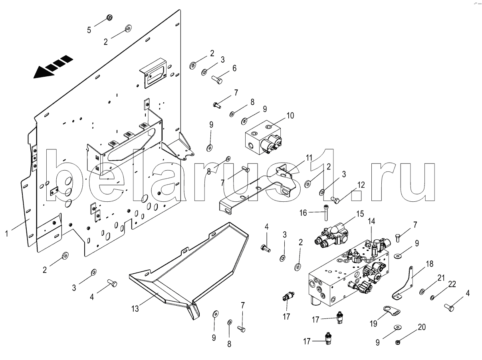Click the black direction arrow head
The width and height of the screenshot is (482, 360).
43,72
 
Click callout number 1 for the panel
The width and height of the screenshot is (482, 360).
7,233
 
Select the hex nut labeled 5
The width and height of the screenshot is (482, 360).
109,17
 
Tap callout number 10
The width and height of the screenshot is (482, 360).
290,115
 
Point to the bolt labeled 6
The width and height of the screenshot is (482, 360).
217,80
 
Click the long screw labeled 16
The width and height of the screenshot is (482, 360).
325,213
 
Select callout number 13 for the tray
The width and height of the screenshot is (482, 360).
135,308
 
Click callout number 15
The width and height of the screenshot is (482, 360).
360,214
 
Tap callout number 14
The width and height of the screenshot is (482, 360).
371,221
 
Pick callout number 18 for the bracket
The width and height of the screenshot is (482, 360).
430,264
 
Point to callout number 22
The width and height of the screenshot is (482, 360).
452,284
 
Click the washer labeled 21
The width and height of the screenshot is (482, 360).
422,292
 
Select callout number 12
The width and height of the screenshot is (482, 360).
361,185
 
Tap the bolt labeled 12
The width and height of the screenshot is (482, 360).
335,200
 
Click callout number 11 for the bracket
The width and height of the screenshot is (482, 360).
309,158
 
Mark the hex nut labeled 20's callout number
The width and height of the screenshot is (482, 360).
422,327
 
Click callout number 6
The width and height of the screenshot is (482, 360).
234,68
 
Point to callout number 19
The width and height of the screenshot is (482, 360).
373,324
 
